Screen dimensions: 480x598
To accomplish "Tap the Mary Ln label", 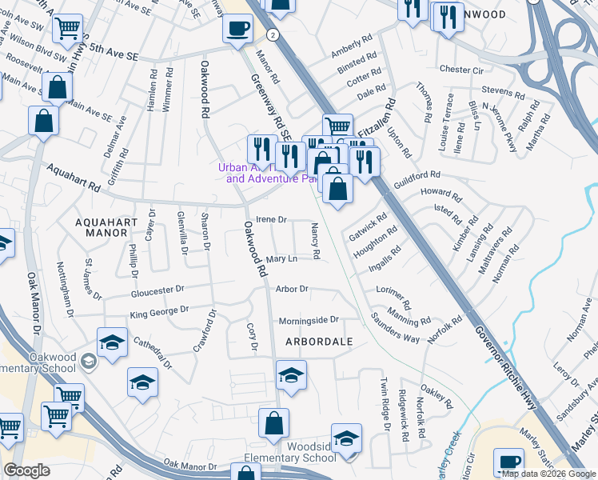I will [281, 259].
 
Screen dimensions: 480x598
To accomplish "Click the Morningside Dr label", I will [309, 320].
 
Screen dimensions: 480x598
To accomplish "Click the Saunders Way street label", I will [395, 327].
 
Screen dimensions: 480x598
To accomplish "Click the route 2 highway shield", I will [273, 35].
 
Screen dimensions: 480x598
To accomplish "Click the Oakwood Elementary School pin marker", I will [89, 363].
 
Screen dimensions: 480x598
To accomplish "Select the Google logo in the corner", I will [26, 470].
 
